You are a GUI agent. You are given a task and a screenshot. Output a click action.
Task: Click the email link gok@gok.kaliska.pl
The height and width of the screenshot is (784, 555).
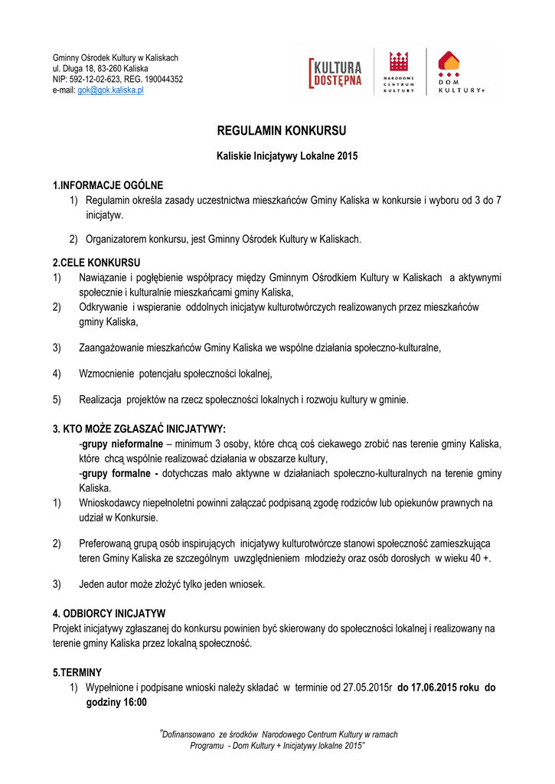click(x=111, y=90)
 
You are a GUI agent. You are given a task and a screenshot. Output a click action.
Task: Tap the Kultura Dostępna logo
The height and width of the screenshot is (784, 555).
click(x=335, y=73)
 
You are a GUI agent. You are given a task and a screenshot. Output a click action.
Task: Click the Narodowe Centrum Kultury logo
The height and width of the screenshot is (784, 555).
click(x=398, y=73)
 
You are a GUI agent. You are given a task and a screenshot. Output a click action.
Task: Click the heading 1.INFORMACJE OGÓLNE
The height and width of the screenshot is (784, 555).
click(x=108, y=185)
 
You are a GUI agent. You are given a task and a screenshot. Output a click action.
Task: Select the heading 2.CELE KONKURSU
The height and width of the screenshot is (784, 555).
click(x=96, y=263)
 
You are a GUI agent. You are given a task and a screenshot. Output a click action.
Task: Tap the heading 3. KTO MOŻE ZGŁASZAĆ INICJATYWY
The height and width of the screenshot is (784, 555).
click(x=139, y=428)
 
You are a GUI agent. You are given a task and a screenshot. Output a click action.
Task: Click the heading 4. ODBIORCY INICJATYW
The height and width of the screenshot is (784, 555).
click(x=109, y=613)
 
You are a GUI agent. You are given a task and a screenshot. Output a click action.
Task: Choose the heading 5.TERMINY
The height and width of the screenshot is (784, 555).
click(x=77, y=672)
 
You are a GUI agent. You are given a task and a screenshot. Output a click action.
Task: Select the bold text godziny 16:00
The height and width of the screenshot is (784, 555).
click(x=116, y=702)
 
